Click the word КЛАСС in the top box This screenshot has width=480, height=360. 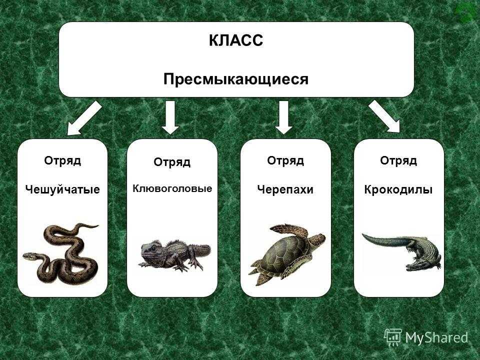coord(235,40)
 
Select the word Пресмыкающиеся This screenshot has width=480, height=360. coord(235,79)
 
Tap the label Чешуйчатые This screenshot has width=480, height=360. coord(62,189)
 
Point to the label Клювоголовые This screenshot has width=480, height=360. coord(172,188)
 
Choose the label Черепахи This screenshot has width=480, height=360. coord(285,189)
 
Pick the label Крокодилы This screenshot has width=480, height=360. coord(398,189)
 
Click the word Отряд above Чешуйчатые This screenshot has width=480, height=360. coord(62,160)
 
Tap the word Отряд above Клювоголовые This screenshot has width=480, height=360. coord(172,162)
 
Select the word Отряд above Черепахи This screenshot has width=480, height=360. coord(285,160)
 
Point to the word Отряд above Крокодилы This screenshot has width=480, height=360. coord(398,160)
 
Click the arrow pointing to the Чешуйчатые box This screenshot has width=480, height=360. coord(84,118)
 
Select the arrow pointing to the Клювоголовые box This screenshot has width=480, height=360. coord(170,117)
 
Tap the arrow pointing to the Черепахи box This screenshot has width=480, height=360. coord(284,117)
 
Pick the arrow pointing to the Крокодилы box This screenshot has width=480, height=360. coord(384,116)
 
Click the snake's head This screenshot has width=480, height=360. coord(29,256)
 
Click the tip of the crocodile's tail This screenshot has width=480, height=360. coord(363,235)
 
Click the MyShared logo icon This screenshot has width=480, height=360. coord(393,337)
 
